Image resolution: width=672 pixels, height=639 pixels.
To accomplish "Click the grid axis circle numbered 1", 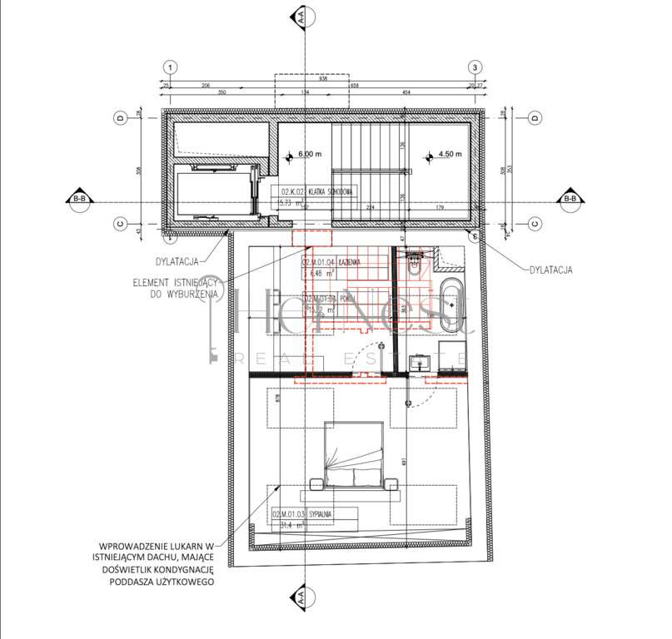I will pyautogui.click(x=170, y=67).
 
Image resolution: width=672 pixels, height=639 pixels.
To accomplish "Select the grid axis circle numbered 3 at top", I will pyautogui.click(x=475, y=67).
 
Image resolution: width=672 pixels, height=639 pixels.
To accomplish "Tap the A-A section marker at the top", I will pyautogui.click(x=298, y=16).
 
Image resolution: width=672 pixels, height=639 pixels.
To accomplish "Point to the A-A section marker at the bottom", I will pyautogui.click(x=298, y=596).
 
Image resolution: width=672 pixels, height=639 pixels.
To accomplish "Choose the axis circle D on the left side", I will pyautogui.click(x=120, y=118).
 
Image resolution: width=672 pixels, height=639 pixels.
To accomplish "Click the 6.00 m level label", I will pyautogui.click(x=308, y=154).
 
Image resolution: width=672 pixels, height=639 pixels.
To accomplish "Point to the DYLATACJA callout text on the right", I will pyautogui.click(x=552, y=270).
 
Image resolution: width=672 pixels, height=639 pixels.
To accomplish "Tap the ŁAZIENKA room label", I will pyautogui.click(x=343, y=262).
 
